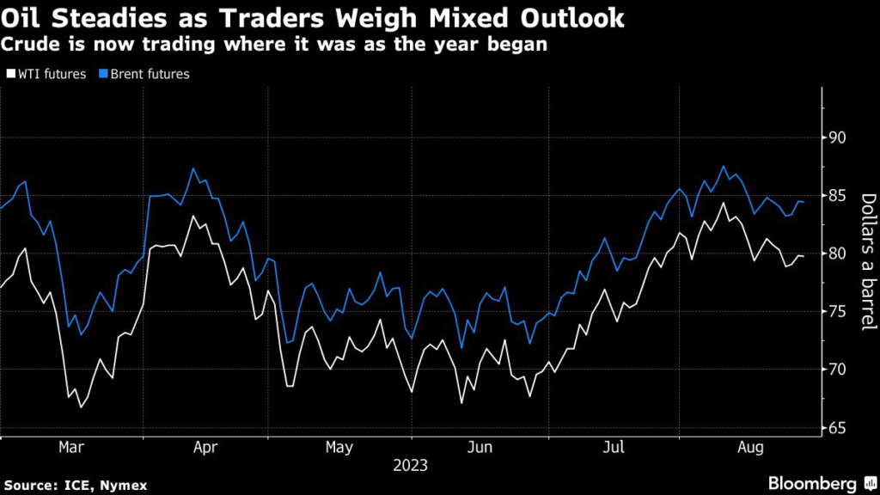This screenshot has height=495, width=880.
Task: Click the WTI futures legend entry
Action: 47,74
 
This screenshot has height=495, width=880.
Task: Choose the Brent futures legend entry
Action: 146,74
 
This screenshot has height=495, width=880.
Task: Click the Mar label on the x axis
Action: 70,448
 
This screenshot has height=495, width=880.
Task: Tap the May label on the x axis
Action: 340,448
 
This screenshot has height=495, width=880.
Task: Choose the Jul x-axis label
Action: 613,448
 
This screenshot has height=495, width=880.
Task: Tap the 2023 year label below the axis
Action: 409,466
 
